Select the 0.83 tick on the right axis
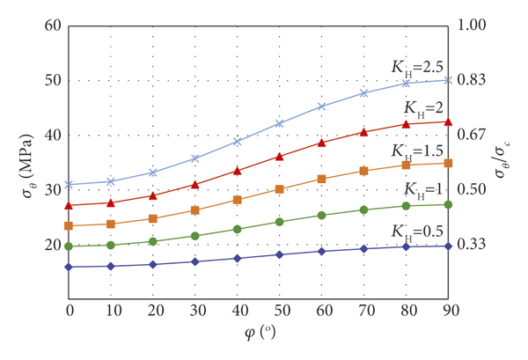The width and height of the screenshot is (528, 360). coord(473,80)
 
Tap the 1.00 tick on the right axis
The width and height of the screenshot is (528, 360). coord(473,26)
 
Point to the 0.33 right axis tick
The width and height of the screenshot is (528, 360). coord(473,245)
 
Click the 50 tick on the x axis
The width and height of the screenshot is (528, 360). coord(280,312)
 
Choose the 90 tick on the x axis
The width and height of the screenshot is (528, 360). coord(449,312)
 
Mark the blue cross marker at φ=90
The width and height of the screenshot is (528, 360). coord(449,80)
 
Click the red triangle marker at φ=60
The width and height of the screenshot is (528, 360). coord(322,142)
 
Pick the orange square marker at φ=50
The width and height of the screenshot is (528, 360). coord(280,189)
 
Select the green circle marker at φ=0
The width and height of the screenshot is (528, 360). coord(69,246)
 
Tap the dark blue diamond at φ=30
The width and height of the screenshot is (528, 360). coord(195,261)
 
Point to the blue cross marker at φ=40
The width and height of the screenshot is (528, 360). coord(238,141)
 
